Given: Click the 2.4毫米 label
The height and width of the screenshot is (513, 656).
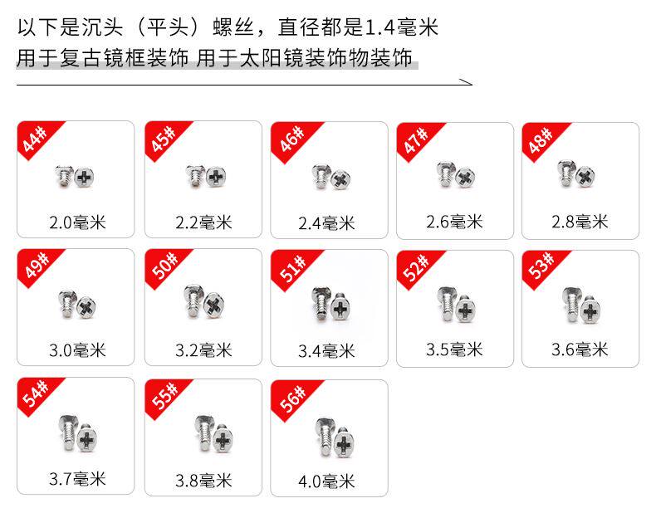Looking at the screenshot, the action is [x=327, y=223].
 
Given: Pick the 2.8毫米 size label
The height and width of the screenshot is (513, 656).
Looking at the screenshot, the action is [x=580, y=222].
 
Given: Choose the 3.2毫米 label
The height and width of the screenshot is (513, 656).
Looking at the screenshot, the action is [x=203, y=350].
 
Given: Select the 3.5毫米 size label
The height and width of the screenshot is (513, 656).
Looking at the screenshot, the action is [x=454, y=349].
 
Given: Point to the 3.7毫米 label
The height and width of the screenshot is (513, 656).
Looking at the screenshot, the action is [x=76, y=479].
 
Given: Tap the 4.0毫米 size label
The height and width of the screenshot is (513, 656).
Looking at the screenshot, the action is [x=327, y=481].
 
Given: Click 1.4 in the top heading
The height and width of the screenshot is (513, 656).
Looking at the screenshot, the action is [x=382, y=28].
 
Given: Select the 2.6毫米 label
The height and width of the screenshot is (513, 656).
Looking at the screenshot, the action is [x=454, y=222].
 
